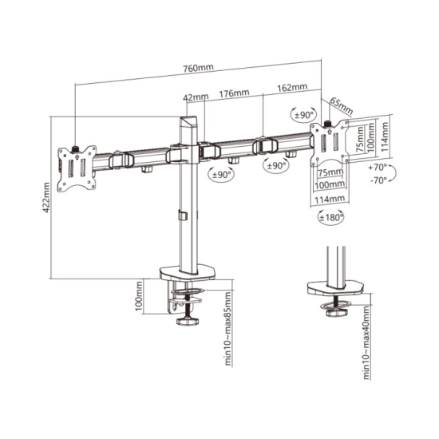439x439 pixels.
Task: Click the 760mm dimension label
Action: tap(198, 68)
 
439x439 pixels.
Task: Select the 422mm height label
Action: tap(46, 198)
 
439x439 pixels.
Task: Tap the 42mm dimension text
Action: tap(196, 97)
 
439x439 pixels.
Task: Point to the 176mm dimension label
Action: tap(234, 93)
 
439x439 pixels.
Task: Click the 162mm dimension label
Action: tap(292, 87)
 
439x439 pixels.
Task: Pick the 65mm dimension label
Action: tap(341, 105)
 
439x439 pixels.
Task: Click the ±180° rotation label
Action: tap(330, 217)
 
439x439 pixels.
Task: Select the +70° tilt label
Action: tap(377, 168)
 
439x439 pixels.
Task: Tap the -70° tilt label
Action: tap(378, 180)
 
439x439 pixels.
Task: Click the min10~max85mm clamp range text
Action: tap(228, 328)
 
